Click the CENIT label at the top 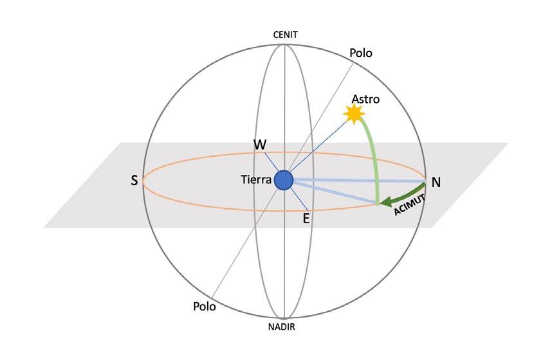(284, 35)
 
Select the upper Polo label (360, 53)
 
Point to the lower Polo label (205, 306)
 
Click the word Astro (365, 100)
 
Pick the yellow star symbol (353, 114)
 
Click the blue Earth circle (284, 181)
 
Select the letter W (260, 145)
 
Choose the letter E (306, 219)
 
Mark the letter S (134, 181)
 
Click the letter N (436, 182)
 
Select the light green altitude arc (375, 154)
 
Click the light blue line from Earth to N (360, 181)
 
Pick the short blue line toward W (270, 163)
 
